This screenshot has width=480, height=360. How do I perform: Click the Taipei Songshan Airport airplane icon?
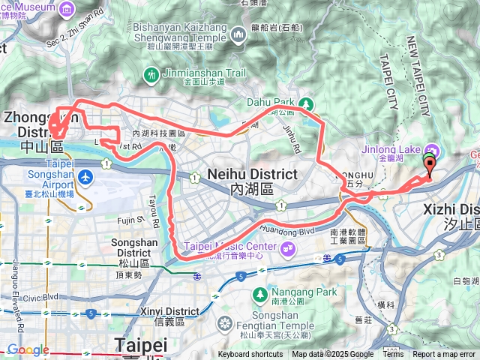pyautogui.click(x=86, y=178)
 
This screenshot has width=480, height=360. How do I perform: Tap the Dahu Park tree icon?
pyautogui.click(x=305, y=103)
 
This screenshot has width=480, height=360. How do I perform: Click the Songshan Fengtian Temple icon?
pyautogui.click(x=223, y=325)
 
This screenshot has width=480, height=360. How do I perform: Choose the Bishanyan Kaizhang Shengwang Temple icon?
pyautogui.click(x=238, y=34)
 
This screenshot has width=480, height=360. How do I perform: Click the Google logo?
pyautogui.click(x=28, y=349)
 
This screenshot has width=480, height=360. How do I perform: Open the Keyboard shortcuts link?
pyautogui.click(x=250, y=355)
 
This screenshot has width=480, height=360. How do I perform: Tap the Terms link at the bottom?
pyautogui.click(x=393, y=355)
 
